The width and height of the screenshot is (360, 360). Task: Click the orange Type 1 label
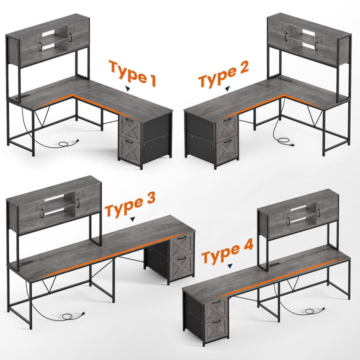pos(132,73)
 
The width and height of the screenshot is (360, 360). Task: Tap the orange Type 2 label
pos(223,74)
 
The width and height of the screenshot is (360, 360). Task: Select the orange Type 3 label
pos(130,205)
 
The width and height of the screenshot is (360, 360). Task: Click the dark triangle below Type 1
pos(127,89)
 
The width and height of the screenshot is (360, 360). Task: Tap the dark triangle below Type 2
pos(227,88)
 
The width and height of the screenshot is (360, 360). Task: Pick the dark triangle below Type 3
pos(132,219)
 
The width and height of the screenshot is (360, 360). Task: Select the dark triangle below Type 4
pos(230,266)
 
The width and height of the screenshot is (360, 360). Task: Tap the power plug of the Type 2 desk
pos(292,145)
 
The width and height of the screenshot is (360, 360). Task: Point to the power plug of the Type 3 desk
pos(83,313)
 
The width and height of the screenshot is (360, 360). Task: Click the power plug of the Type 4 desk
pos(323,309)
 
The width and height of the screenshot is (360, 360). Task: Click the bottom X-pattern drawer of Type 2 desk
pos(227,149)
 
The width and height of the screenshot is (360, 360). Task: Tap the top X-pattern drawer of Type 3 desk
pos(182,245)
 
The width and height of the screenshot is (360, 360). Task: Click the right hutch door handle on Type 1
pos(70,37)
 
